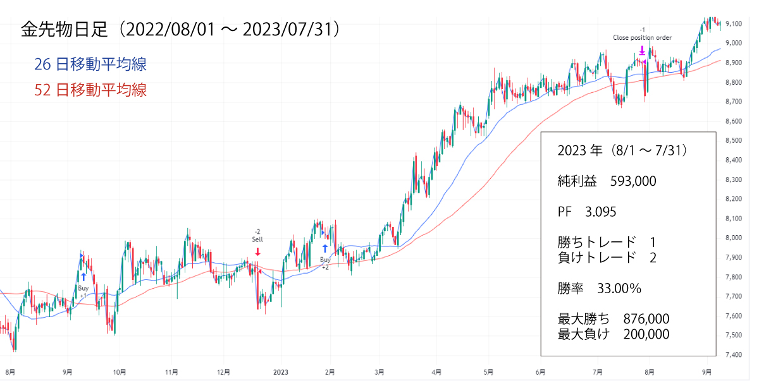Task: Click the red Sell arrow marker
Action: [x=257, y=251]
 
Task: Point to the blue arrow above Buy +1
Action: [x=83, y=277]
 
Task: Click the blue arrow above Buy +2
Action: [x=325, y=248]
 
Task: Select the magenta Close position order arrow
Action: [x=642, y=51]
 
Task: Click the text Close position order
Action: [x=642, y=38]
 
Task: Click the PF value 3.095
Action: [x=601, y=212]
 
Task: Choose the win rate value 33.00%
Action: [x=619, y=289]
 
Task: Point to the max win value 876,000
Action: [x=646, y=319]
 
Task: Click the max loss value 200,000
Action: [x=646, y=334]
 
